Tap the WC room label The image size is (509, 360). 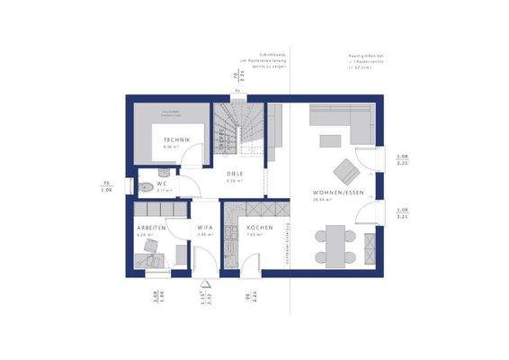pyautogui.click(x=162, y=183)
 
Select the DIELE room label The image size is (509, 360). pyautogui.click(x=234, y=175)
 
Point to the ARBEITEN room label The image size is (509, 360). pyautogui.click(x=151, y=228)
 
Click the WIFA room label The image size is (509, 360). pyautogui.click(x=204, y=228)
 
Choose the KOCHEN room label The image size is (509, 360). pyautogui.click(x=260, y=228)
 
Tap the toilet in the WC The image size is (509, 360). pyautogui.click(x=144, y=188)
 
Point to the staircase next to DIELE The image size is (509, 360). pyautogui.click(x=237, y=132)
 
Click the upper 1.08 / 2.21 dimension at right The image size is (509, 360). pyautogui.click(x=402, y=160)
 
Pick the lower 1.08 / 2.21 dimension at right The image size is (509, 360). pyautogui.click(x=402, y=213)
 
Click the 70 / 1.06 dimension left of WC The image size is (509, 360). pyautogui.click(x=106, y=187)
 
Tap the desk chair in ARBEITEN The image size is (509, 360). pyautogui.click(x=155, y=258)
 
